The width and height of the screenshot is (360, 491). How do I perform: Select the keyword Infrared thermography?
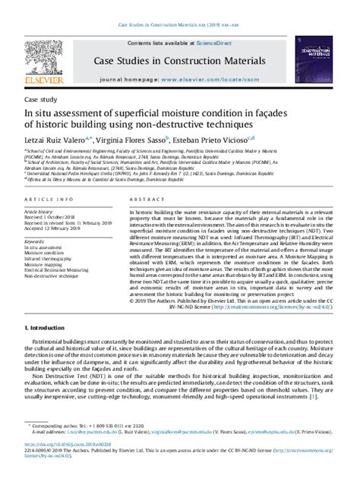[52, 259]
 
